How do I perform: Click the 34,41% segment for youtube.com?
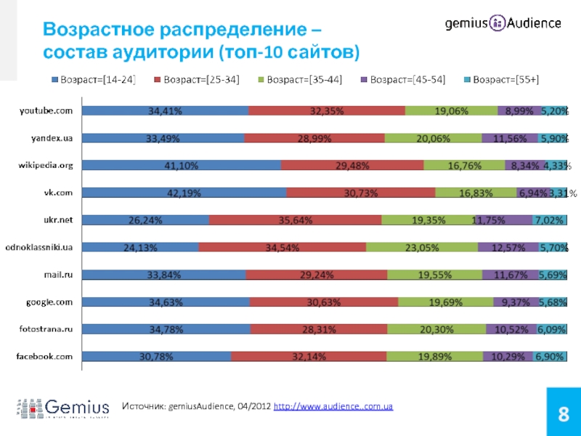(165, 111)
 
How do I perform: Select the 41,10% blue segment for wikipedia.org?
(182, 166)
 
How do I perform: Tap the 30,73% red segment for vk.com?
(361, 193)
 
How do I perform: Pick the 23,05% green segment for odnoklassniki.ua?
(422, 248)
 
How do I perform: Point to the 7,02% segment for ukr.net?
(550, 220)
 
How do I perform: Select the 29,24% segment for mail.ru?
(317, 275)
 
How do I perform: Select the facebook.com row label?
(45, 357)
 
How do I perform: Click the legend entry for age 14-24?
(94, 79)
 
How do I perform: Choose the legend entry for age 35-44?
(300, 79)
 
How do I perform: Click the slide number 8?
(562, 415)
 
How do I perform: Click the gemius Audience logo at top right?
(503, 23)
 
